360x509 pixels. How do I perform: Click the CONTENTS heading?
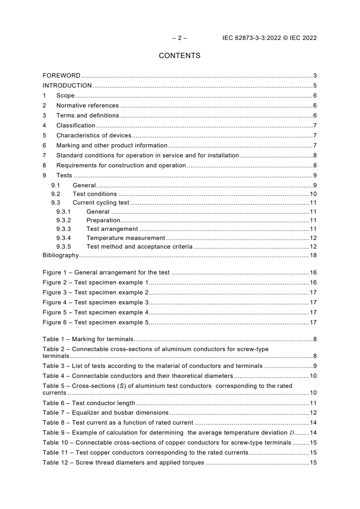point(179,56)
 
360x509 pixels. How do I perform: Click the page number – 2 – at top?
point(179,38)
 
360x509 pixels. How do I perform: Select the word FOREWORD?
point(61,75)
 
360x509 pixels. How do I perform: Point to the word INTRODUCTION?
point(67,85)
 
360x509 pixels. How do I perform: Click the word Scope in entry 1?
point(65,95)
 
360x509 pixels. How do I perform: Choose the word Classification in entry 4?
point(76,125)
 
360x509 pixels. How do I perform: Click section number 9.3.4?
point(64,238)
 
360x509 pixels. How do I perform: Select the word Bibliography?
point(61,255)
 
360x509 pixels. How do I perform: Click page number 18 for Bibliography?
point(313,255)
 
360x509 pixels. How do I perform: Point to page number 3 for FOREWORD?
point(315,75)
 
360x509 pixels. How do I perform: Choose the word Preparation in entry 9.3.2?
point(103,220)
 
